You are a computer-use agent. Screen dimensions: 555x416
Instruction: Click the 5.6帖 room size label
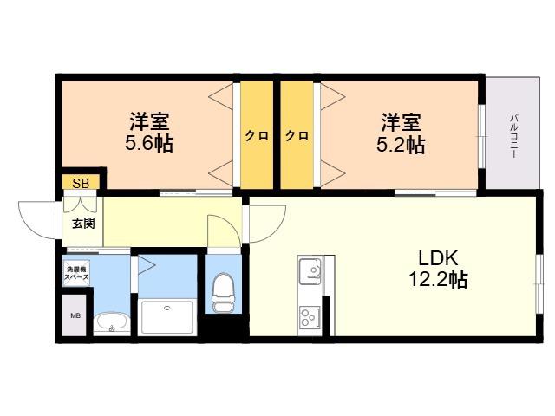(x=149, y=144)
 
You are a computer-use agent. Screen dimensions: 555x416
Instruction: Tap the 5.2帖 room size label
(x=401, y=145)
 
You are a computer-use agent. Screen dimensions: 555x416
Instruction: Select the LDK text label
(x=438, y=258)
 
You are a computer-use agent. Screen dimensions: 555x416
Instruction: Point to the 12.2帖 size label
(x=438, y=279)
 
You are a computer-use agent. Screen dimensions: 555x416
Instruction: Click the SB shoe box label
(x=81, y=183)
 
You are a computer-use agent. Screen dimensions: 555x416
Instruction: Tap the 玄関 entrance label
(x=83, y=224)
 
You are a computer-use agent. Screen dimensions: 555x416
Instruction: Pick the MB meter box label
(x=75, y=315)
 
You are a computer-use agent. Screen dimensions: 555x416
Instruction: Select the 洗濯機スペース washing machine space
(x=76, y=273)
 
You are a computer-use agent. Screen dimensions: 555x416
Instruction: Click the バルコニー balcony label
(x=513, y=136)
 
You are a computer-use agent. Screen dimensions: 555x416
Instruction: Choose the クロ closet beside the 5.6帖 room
(x=257, y=135)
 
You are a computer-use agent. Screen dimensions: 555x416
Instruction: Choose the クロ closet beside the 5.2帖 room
(x=297, y=135)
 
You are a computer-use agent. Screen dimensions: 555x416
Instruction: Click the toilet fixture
(x=223, y=292)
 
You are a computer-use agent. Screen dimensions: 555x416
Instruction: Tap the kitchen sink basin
(x=310, y=271)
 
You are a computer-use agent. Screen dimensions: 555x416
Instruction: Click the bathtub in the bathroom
(x=166, y=316)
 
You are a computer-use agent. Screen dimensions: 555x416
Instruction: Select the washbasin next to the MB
(x=112, y=322)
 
